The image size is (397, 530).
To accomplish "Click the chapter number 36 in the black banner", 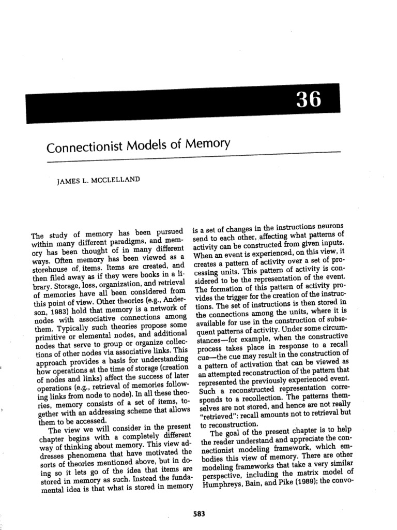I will pyautogui.click(x=308, y=98).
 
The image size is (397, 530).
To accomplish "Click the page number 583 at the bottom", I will pyautogui.click(x=198, y=513).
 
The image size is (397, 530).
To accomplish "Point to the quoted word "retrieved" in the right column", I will pyautogui.click(x=218, y=415).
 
